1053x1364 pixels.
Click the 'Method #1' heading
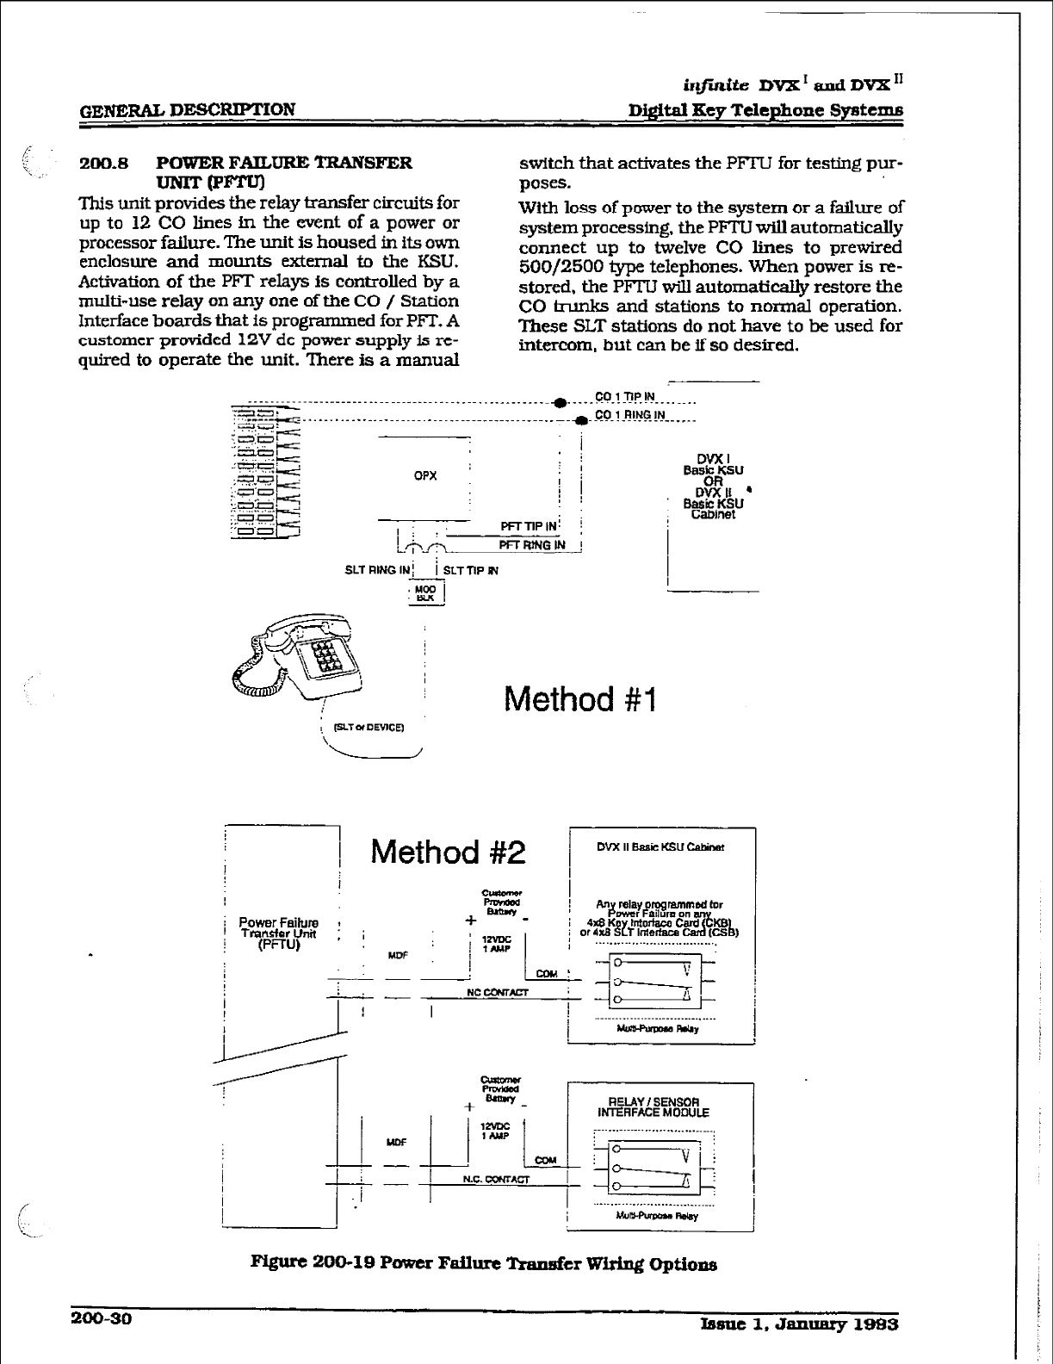click(x=580, y=699)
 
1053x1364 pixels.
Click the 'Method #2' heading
click(x=448, y=852)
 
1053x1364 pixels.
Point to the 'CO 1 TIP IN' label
click(x=625, y=397)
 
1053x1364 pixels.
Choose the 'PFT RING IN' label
click(x=532, y=544)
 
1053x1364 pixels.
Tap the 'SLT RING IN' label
click(x=378, y=569)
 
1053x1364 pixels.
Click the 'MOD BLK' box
click(x=426, y=593)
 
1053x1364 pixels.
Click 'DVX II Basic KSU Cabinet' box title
click(x=660, y=847)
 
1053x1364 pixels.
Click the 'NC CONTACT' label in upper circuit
click(x=497, y=992)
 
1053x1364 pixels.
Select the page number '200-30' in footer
click(x=99, y=1320)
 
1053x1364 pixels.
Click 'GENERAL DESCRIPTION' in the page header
click(x=187, y=109)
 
